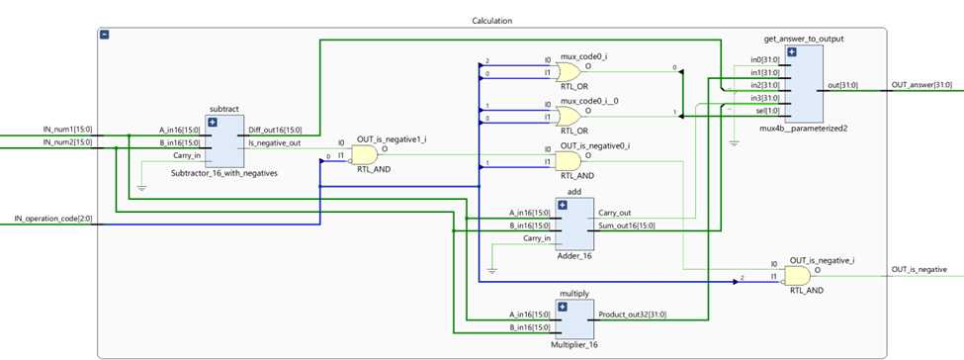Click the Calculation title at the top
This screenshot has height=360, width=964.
pyautogui.click(x=491, y=21)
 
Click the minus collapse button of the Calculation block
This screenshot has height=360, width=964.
pyautogui.click(x=106, y=36)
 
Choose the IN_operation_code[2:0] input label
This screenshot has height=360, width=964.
pyautogui.click(x=55, y=218)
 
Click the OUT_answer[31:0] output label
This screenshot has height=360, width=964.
pyautogui.click(x=923, y=85)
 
